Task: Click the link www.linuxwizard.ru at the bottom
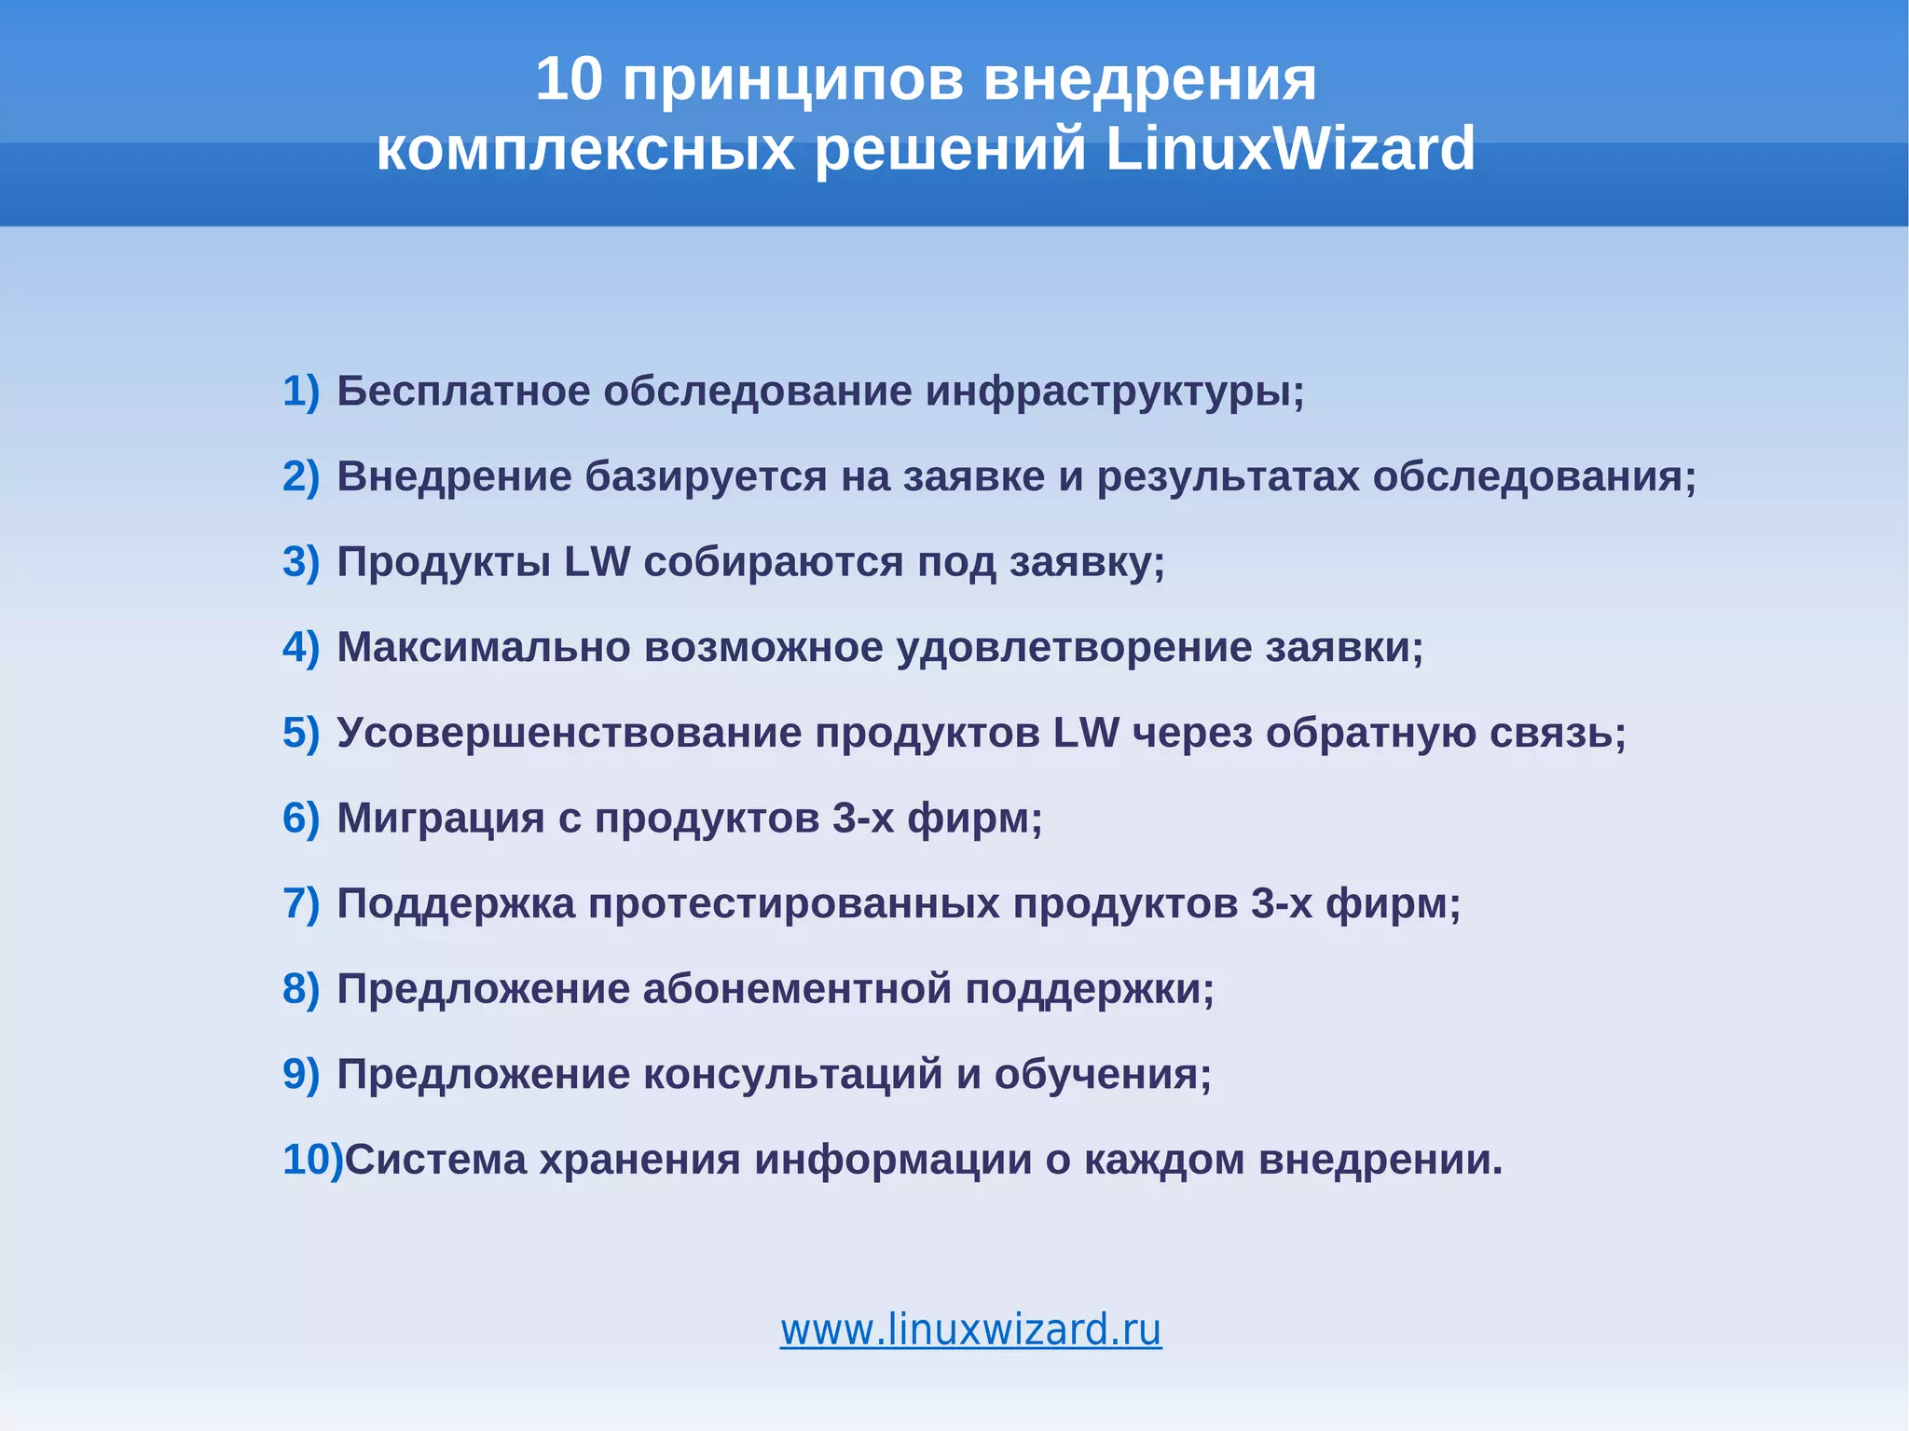tap(970, 1329)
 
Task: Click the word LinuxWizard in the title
tap(1290, 149)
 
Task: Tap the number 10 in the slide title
tap(570, 79)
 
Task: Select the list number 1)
tap(300, 392)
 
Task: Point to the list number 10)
tap(311, 1160)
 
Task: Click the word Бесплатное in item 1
tap(463, 392)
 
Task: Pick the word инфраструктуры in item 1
tap(1113, 392)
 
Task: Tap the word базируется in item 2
tap(706, 476)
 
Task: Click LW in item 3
tap(597, 562)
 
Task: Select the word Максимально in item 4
tap(483, 647)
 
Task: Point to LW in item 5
tap(1086, 733)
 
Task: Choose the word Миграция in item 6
tap(440, 819)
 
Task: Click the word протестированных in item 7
tap(793, 903)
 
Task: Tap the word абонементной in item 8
tap(797, 989)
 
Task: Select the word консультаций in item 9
tap(793, 1075)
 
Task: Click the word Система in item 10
tap(435, 1160)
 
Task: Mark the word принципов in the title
tap(793, 79)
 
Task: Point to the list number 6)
tap(300, 819)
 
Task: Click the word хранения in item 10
tap(640, 1160)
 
